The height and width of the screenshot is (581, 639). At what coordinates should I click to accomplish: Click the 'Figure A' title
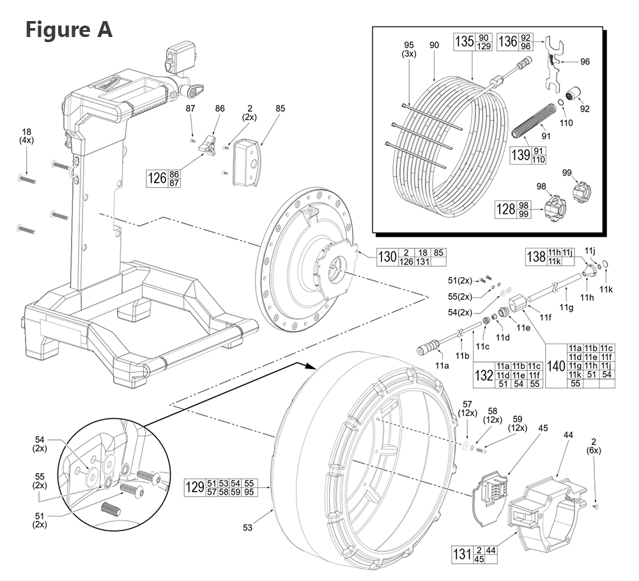pos(68,29)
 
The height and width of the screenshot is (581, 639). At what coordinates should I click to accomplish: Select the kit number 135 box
pos(465,41)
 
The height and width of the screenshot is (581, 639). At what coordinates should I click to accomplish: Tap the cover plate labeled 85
pos(246,163)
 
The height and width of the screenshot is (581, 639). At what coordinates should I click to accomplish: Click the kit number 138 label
pos(535,257)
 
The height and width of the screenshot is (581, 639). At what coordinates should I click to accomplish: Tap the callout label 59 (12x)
pos(516,424)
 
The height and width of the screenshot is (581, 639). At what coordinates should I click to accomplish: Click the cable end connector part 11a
pos(428,349)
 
